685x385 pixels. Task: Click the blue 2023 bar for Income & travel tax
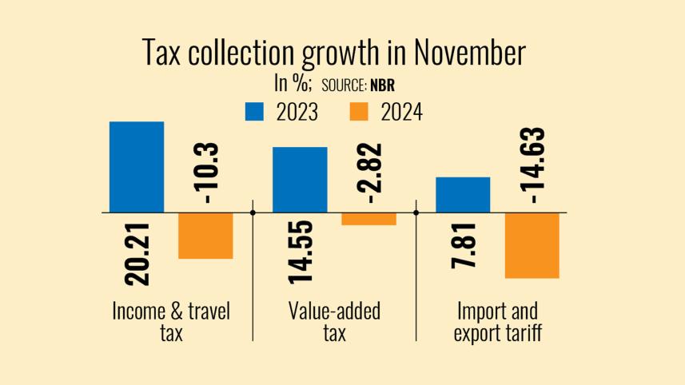point(137,167)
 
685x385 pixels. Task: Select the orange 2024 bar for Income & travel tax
point(205,236)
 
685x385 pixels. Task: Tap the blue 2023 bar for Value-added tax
point(300,180)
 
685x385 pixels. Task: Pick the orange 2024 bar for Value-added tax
point(368,219)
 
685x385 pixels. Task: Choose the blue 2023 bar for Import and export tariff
point(463,195)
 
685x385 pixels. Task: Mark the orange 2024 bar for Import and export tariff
point(532,245)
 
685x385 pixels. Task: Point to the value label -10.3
point(206,172)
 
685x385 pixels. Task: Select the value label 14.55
point(300,251)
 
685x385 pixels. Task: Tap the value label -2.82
point(368,172)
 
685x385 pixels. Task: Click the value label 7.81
point(464,245)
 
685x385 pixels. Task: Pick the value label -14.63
point(532,166)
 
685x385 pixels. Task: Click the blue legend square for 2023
point(254,112)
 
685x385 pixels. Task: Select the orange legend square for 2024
point(359,112)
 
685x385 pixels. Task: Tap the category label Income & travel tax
point(171,321)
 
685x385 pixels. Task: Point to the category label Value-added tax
point(334,321)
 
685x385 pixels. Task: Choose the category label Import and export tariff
point(497,321)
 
